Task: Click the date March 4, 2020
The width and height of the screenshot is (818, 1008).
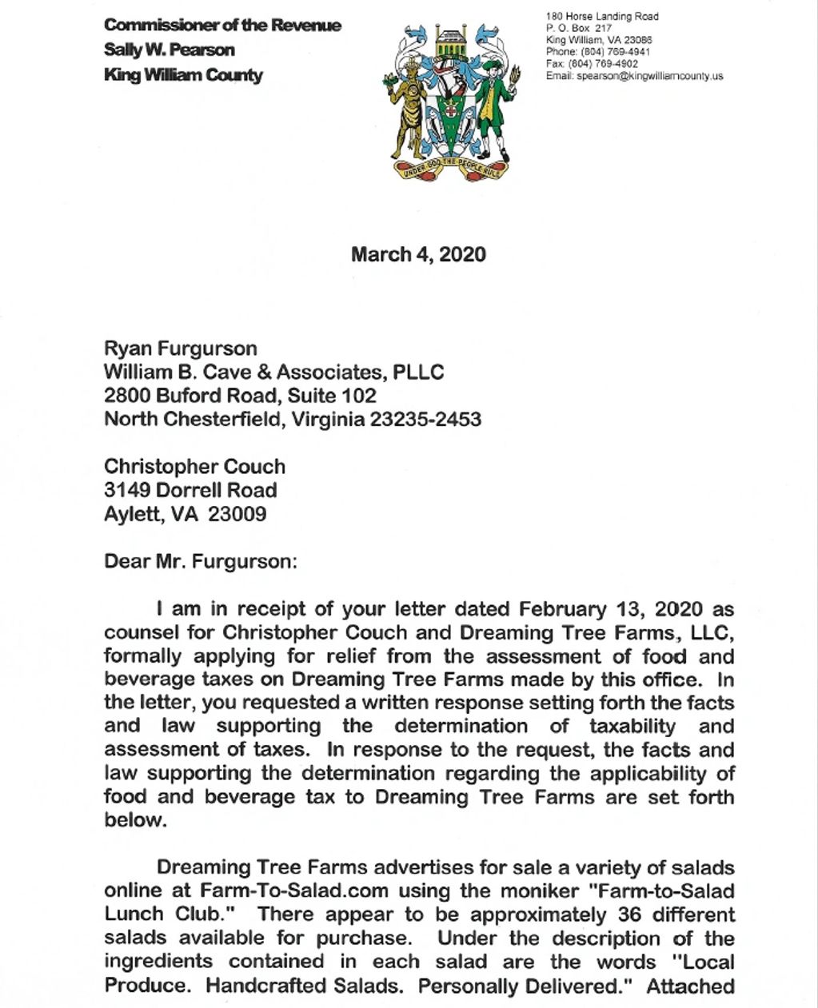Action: tap(418, 255)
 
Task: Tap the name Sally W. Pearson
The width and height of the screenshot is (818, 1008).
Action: tap(170, 50)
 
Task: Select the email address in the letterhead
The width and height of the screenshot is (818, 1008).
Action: tap(634, 76)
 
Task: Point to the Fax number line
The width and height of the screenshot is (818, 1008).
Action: tap(592, 64)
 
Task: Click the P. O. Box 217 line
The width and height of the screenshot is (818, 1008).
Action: tap(579, 28)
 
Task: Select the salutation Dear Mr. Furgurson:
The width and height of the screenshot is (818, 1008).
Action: tap(200, 561)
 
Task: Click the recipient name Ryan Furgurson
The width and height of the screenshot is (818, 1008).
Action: tap(181, 349)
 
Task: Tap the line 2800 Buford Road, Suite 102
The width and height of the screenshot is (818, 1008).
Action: tap(240, 396)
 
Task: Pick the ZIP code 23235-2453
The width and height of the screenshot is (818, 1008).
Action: tap(425, 420)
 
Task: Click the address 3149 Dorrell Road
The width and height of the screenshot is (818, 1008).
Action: tap(190, 490)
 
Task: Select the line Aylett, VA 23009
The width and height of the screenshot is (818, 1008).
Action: tap(186, 514)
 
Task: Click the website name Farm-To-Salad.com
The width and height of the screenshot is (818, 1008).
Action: tap(294, 890)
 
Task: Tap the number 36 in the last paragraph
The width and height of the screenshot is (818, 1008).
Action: tap(629, 914)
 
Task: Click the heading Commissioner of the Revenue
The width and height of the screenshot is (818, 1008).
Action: tap(222, 25)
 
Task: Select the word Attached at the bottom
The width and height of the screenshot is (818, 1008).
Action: tap(690, 986)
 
